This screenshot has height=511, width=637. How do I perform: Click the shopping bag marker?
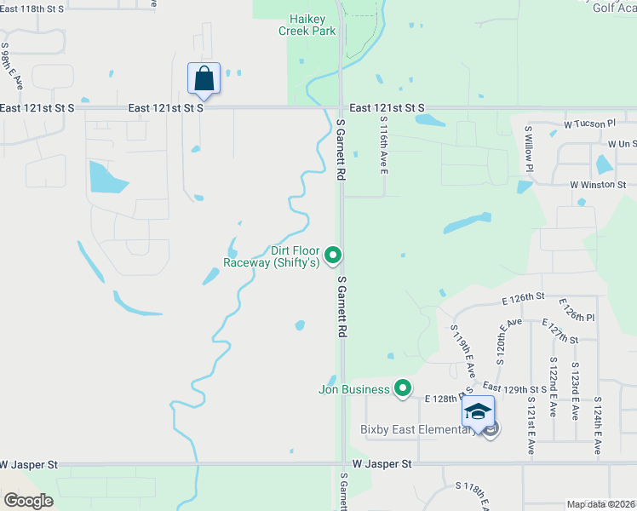tap(204, 78)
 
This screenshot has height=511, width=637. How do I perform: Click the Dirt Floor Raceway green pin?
tap(335, 255)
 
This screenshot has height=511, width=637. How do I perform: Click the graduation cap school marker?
tap(478, 412)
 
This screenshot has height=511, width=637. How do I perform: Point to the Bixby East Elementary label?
tap(417, 429)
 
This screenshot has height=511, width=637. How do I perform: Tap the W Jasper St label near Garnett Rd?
tap(382, 464)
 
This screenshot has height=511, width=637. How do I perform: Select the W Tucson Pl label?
tap(589, 124)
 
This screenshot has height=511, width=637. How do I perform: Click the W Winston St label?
tap(598, 184)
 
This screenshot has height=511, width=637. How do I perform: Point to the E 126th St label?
tap(522, 297)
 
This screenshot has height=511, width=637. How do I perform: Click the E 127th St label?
tap(560, 331)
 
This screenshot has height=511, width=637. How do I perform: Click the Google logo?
tap(28, 501)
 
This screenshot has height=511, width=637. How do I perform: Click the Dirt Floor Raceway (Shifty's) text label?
tap(271, 256)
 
